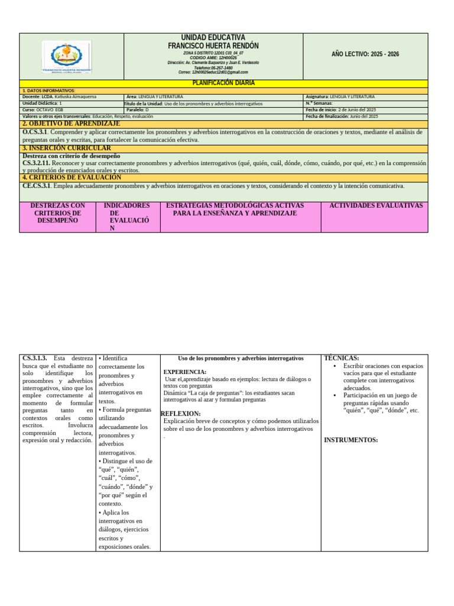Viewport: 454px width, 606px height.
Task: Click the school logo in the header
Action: [67, 57]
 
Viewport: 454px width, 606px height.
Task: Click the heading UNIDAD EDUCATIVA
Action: [213, 37]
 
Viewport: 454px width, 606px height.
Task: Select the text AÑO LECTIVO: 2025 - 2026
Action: [365, 54]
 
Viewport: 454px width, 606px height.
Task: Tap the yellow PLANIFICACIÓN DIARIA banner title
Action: [224, 83]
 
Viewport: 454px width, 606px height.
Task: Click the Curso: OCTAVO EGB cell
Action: [43, 110]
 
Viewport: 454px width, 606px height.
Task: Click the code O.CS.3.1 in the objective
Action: [35, 132]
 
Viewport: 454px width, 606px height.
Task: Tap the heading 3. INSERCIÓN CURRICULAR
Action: [66, 148]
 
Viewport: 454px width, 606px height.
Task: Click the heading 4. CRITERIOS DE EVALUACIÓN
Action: [72, 178]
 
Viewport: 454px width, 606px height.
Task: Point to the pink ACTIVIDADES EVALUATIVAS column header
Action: [375, 205]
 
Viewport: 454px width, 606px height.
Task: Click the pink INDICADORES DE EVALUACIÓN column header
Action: [127, 217]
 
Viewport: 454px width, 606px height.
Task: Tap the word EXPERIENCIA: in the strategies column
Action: [184, 372]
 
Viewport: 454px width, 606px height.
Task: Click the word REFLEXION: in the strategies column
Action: [180, 413]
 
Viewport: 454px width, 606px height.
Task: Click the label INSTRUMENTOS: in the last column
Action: [351, 440]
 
